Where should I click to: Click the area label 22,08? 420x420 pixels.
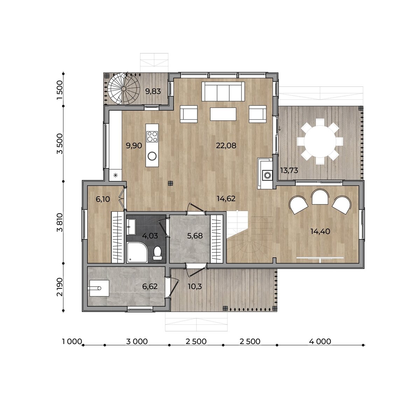point(226,145)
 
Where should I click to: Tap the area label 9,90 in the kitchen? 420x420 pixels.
point(134,145)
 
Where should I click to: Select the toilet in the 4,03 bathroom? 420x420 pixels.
point(157,253)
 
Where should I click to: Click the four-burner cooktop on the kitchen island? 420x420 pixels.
point(152,136)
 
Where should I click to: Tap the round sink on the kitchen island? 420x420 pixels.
point(152,156)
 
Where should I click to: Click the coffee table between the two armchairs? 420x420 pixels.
point(223,114)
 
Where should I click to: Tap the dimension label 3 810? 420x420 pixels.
point(59,222)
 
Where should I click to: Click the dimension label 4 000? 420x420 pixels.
point(320,341)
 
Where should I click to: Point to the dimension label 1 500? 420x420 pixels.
point(59,90)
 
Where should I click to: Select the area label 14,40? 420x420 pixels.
point(320,231)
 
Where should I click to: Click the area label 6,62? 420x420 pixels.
point(150,286)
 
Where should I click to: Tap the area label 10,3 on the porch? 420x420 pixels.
point(195,286)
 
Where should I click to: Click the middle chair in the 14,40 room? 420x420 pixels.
point(320,197)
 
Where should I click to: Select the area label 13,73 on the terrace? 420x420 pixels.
point(289,170)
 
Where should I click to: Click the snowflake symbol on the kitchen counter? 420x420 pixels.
point(115,175)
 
